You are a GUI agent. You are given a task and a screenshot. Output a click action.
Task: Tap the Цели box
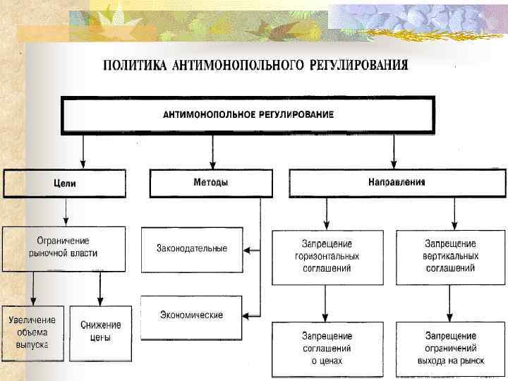pyautogui.click(x=65, y=183)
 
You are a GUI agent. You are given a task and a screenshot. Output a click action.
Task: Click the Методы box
pyautogui.click(x=211, y=183)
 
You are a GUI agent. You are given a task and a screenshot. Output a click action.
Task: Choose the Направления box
pyautogui.click(x=397, y=182)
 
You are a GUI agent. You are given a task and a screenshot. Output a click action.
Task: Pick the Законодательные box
pyautogui.click(x=192, y=249)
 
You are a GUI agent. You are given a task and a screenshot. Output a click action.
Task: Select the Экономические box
pyautogui.click(x=192, y=315)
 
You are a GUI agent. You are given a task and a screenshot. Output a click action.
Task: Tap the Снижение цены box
pyautogui.click(x=101, y=331)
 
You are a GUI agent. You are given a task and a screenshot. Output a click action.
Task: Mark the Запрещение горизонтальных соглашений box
pyautogui.click(x=327, y=256)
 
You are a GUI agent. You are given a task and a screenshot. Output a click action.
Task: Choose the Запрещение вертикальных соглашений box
pyautogui.click(x=451, y=256)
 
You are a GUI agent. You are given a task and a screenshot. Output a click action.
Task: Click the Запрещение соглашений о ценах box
pyautogui.click(x=327, y=348)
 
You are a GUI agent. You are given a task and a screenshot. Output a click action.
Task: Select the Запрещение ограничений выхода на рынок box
pyautogui.click(x=451, y=348)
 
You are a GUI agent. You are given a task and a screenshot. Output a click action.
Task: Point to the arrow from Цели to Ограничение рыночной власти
pyautogui.click(x=66, y=212)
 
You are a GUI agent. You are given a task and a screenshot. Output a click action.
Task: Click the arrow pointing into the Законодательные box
pyautogui.click(x=250, y=249)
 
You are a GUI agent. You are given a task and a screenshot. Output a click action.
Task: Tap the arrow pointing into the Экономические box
pyautogui.click(x=250, y=315)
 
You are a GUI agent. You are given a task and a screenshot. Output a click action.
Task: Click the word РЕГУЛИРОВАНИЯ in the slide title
pyautogui.click(x=358, y=66)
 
